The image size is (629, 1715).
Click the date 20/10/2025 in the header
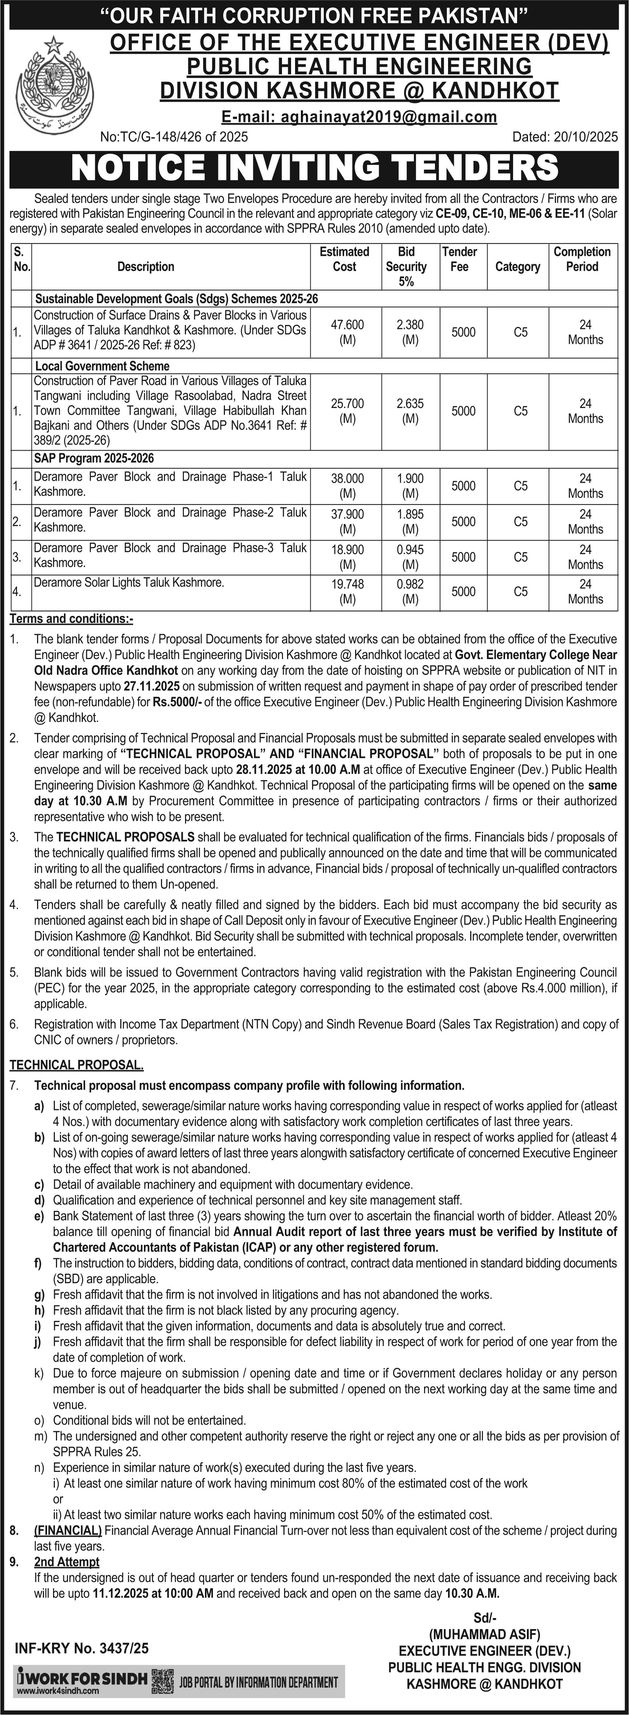tap(565, 137)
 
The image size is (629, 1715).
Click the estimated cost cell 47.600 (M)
tap(347, 332)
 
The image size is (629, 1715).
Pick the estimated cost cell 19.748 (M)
tap(347, 591)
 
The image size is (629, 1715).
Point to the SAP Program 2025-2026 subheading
tap(94, 458)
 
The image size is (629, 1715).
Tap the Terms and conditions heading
tap(70, 619)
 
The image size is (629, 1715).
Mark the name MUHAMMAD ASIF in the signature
tap(484, 1629)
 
